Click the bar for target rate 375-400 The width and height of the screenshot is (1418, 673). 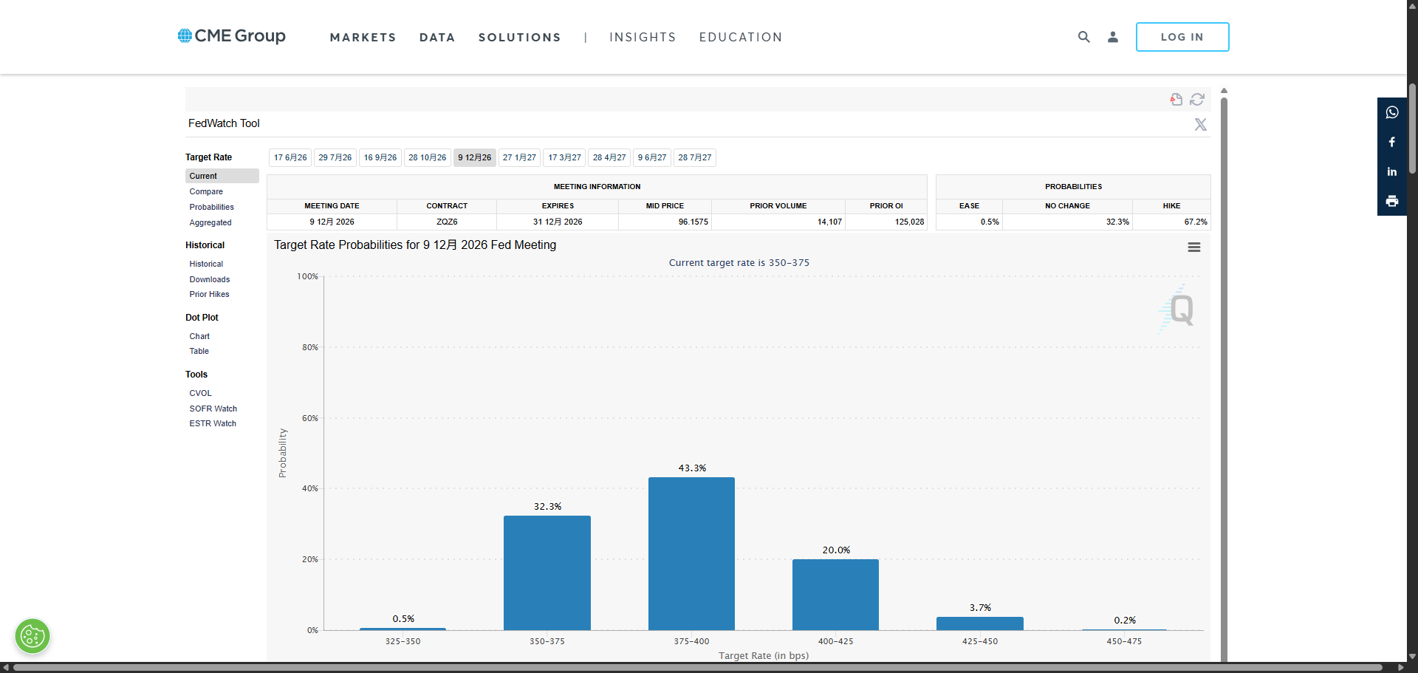pyautogui.click(x=691, y=553)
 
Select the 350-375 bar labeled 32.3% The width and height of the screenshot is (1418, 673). pyautogui.click(x=547, y=573)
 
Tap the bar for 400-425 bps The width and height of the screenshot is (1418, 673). pyautogui.click(x=835, y=595)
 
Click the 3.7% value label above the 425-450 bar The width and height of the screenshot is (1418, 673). pyautogui.click(x=980, y=607)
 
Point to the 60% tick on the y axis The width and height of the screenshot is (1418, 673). pyautogui.click(x=309, y=418)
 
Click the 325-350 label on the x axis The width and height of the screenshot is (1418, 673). pyautogui.click(x=403, y=641)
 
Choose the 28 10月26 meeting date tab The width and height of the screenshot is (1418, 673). pyautogui.click(x=428, y=157)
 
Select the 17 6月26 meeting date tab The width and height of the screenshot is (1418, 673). pyautogui.click(x=290, y=157)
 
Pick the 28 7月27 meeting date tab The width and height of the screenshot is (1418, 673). pyautogui.click(x=695, y=157)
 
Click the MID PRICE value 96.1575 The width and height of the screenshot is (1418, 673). pyautogui.click(x=693, y=222)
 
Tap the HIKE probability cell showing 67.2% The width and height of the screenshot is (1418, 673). pyautogui.click(x=1195, y=222)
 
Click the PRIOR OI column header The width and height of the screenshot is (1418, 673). pyautogui.click(x=886, y=206)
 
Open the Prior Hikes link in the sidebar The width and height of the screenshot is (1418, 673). pyautogui.click(x=209, y=294)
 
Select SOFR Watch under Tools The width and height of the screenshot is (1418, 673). pyautogui.click(x=213, y=409)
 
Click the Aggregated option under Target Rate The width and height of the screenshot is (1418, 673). pyautogui.click(x=210, y=222)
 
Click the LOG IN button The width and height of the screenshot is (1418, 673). pyautogui.click(x=1182, y=37)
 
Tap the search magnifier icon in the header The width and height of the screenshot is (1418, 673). pyautogui.click(x=1083, y=36)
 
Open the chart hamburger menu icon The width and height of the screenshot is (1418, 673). pyautogui.click(x=1194, y=247)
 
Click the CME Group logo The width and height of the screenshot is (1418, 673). pyautogui.click(x=231, y=35)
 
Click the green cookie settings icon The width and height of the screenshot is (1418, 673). pyautogui.click(x=32, y=636)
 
